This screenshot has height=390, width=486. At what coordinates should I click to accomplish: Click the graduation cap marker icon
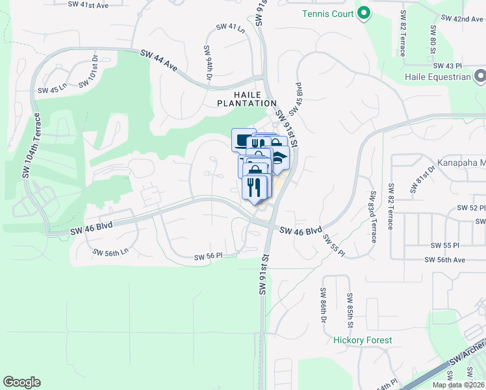280,157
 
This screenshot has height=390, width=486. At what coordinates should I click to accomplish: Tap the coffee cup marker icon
242,140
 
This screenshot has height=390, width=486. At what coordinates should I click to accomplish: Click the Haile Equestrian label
437,77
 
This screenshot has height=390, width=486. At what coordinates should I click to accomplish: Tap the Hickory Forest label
363,340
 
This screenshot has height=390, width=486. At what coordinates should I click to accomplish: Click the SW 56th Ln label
110,252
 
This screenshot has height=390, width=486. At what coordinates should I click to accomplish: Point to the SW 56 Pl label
209,257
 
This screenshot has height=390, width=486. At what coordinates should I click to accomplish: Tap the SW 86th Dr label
322,307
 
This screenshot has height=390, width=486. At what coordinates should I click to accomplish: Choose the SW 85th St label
350,310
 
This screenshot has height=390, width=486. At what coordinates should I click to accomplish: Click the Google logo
21,382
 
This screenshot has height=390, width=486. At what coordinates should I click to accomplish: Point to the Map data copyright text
458,385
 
